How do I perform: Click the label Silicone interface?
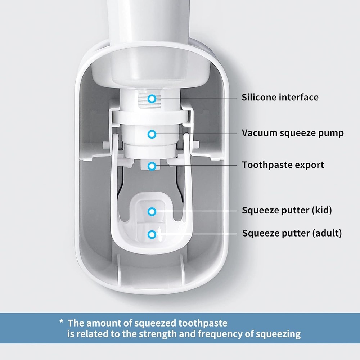[x=280, y=97]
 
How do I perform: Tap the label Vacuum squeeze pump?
[x=292, y=133]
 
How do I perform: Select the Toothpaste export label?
[x=283, y=165]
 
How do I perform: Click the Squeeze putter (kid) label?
[x=287, y=210]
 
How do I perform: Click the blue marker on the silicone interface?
[x=153, y=98]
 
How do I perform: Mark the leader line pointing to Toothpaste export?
[x=202, y=166]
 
